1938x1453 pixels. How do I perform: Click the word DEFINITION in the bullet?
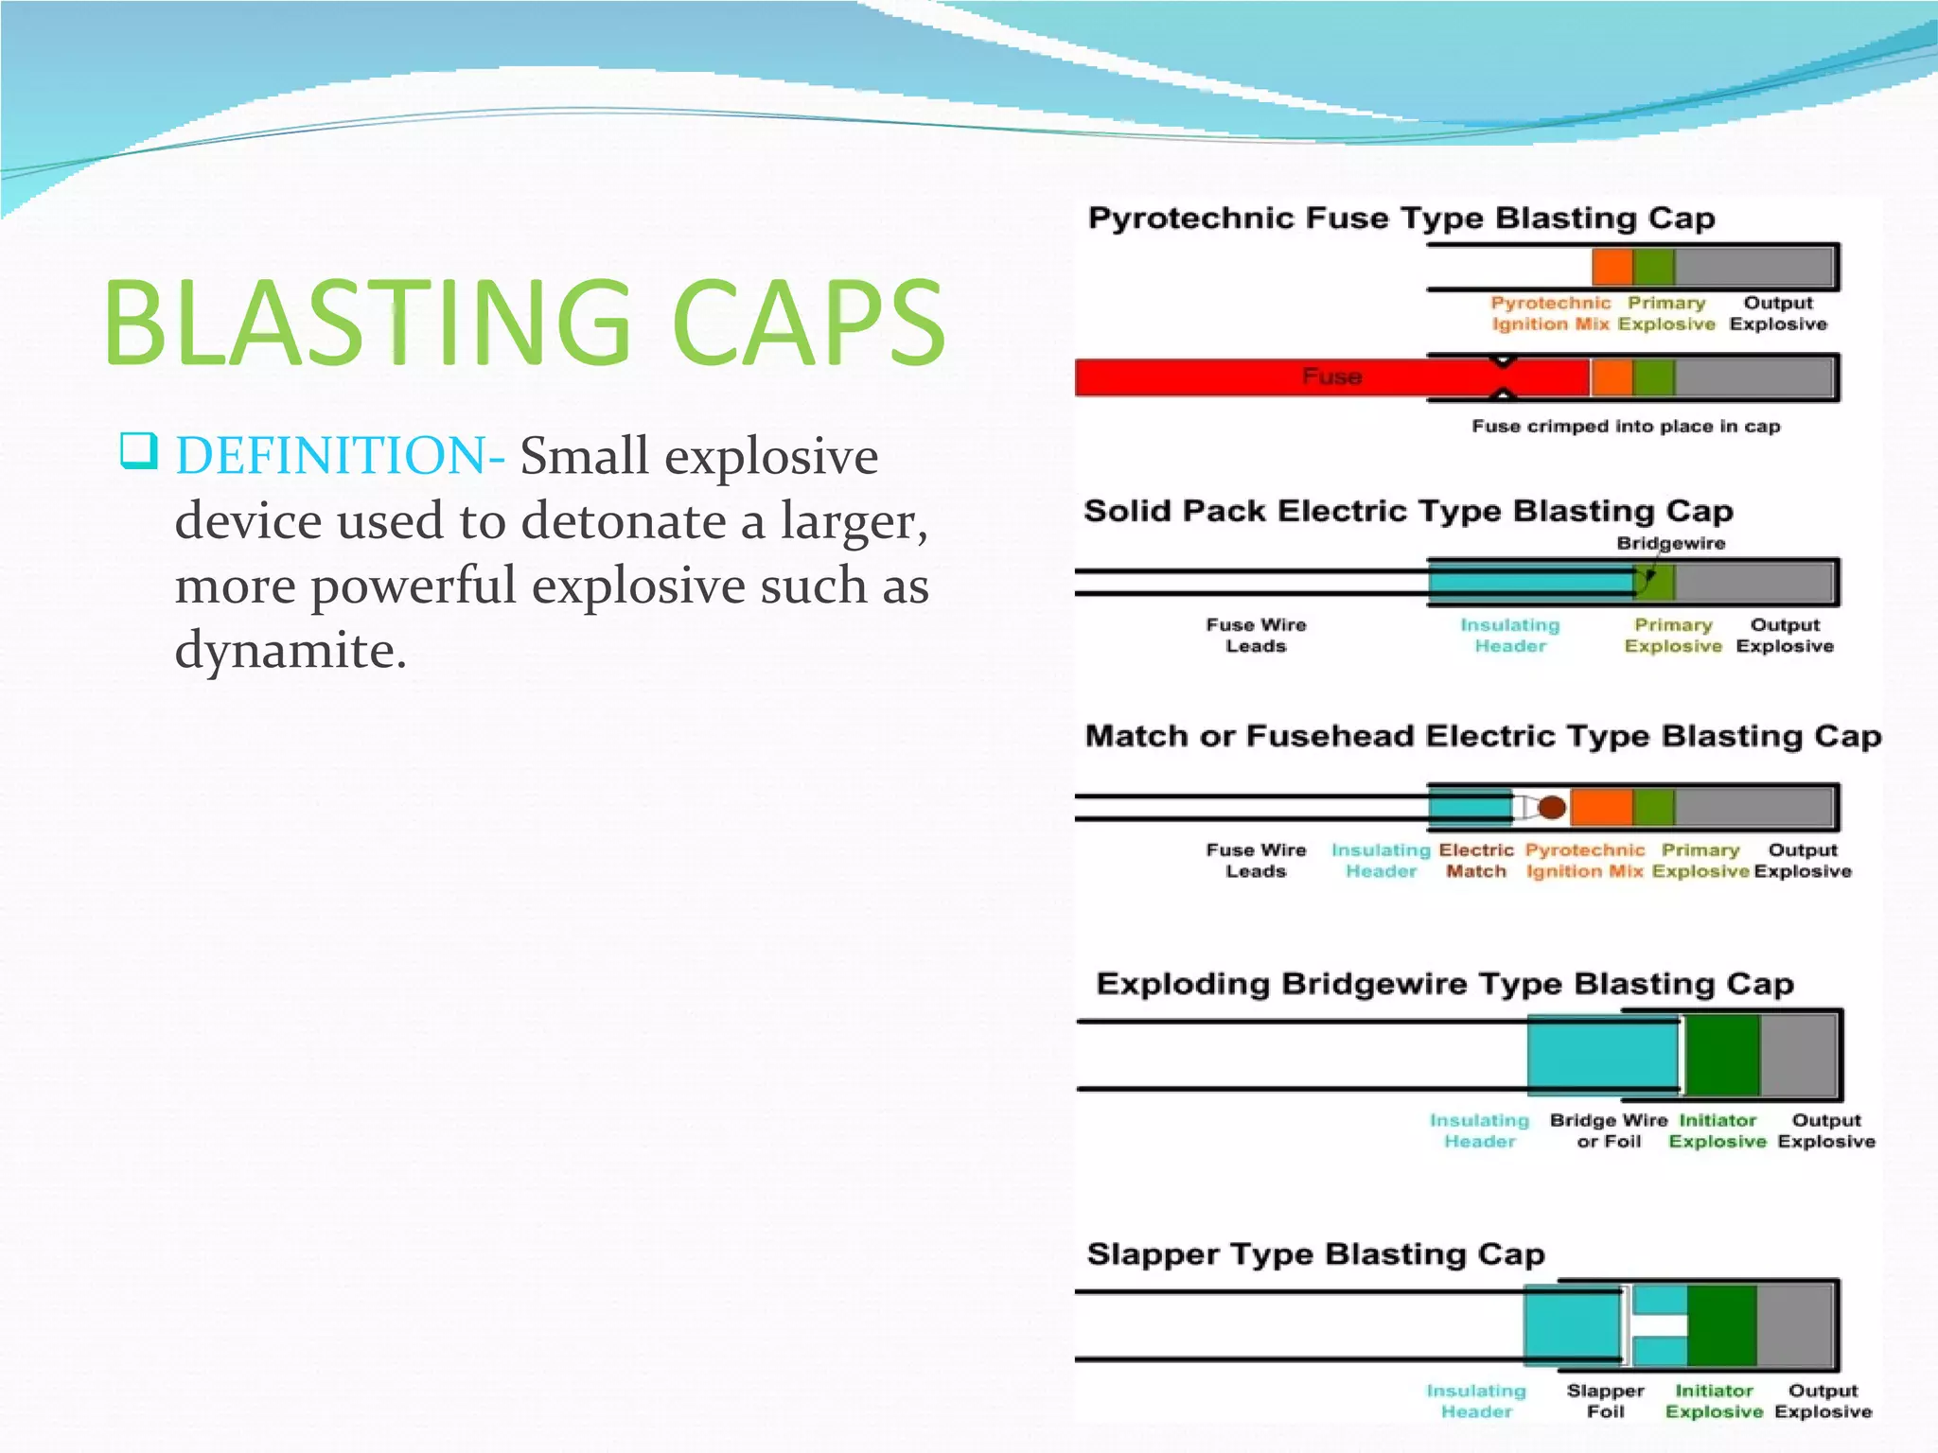(x=332, y=456)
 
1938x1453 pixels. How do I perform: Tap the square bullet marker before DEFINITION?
(x=138, y=450)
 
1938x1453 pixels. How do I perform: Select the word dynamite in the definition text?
(x=290, y=650)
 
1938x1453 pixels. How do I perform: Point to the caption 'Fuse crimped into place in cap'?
(x=1625, y=427)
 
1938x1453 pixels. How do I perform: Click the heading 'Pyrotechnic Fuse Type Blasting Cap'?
(x=1401, y=219)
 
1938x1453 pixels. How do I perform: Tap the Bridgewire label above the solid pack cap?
(x=1670, y=543)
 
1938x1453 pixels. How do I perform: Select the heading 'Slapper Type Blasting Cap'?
(x=1315, y=1254)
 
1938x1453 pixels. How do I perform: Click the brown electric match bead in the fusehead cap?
(x=1551, y=807)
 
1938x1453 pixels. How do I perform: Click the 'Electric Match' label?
(x=1475, y=861)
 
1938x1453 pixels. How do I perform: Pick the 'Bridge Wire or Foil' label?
(x=1608, y=1130)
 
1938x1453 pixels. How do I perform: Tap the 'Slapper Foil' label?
(x=1605, y=1401)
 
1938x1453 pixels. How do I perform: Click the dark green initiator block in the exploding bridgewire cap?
(x=1721, y=1055)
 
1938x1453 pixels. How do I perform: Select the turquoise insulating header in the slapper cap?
(x=1572, y=1325)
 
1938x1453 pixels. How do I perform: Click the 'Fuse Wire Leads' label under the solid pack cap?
(x=1256, y=636)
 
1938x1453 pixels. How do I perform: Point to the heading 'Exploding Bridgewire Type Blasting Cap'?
(x=1444, y=984)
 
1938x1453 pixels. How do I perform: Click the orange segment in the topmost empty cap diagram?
(x=1612, y=266)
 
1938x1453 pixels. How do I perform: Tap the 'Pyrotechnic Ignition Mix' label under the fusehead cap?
(x=1584, y=861)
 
